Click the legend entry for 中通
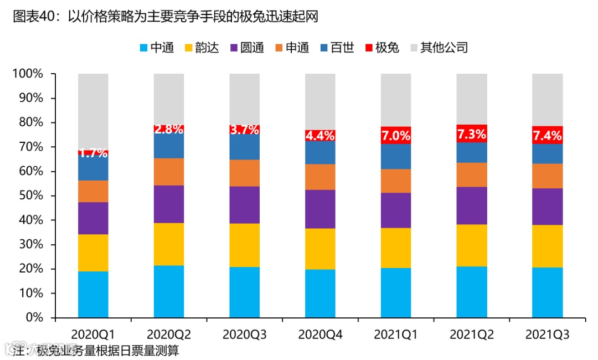pyautogui.click(x=157, y=48)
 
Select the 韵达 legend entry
pyautogui.click(x=202, y=48)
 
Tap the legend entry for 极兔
pyautogui.click(x=382, y=48)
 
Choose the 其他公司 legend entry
pyautogui.click(x=438, y=48)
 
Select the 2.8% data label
pyautogui.click(x=169, y=130)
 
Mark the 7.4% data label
pyautogui.click(x=547, y=135)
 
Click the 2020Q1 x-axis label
pyautogui.click(x=93, y=334)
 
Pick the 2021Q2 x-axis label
pyautogui.click(x=471, y=334)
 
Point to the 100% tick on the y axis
pyautogui.click(x=28, y=74)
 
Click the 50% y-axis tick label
pyautogui.click(x=30, y=196)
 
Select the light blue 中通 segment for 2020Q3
pyautogui.click(x=244, y=292)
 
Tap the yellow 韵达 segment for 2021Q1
pyautogui.click(x=396, y=248)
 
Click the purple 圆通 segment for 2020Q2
pyautogui.click(x=169, y=204)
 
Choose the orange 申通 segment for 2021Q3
pyautogui.click(x=547, y=176)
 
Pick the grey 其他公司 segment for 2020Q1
pyautogui.click(x=93, y=111)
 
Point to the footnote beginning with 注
pyautogui.click(x=96, y=351)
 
